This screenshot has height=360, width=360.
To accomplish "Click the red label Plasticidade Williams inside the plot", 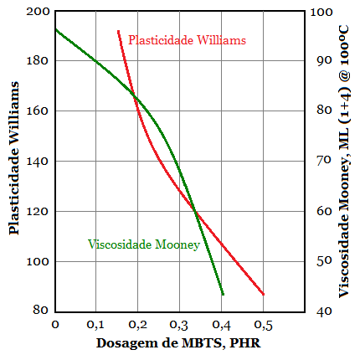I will click(x=188, y=39).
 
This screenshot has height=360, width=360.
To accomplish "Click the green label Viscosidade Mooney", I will click(x=143, y=244).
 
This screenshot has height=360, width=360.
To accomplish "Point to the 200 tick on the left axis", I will click(x=39, y=12).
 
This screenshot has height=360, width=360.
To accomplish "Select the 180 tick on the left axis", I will click(x=39, y=61).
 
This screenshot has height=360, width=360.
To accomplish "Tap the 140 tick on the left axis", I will click(x=39, y=162).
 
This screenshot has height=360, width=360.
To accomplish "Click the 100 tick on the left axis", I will click(x=39, y=262).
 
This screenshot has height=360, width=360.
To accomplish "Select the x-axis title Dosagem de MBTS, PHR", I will click(x=173, y=343).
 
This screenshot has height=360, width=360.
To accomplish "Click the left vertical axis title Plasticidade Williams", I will click(x=14, y=162).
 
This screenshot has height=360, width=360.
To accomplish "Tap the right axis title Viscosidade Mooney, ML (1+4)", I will click(x=344, y=161).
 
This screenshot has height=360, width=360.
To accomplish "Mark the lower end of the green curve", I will click(x=223, y=294).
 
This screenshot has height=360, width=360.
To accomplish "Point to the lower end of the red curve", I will click(x=263, y=294).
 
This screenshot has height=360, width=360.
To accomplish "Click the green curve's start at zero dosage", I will click(x=55, y=29).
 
